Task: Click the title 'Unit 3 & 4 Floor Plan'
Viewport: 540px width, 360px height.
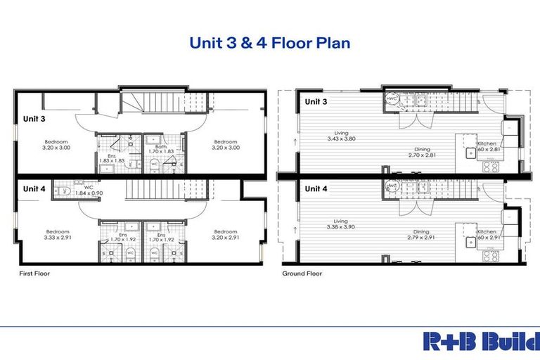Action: [x=269, y=43]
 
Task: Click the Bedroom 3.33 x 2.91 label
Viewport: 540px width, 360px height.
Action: [x=56, y=235]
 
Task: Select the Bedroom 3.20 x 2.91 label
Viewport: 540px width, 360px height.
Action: [x=225, y=235]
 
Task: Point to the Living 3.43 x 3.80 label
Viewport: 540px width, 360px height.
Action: [x=342, y=136]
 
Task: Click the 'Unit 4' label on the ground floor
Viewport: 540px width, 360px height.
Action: [x=315, y=188]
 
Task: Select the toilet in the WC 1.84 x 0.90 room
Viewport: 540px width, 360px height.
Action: [x=63, y=191]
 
